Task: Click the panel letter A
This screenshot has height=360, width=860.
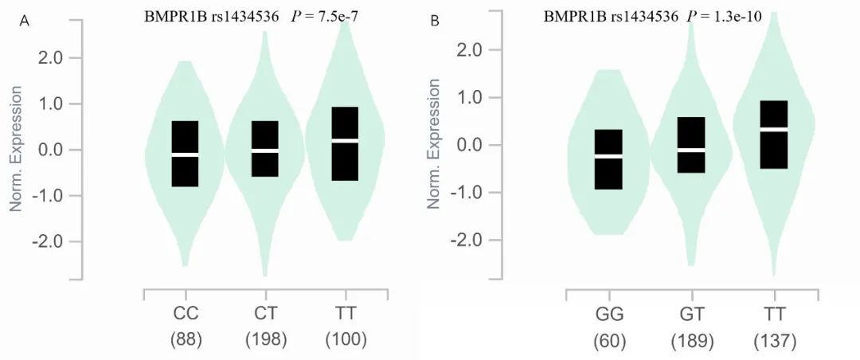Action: pyautogui.click(x=24, y=22)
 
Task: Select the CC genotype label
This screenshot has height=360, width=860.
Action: pyautogui.click(x=186, y=313)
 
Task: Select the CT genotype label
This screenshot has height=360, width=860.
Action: pyautogui.click(x=265, y=313)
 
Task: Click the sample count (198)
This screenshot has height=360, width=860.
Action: pyautogui.click(x=265, y=339)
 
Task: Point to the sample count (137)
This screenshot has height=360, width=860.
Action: pyautogui.click(x=773, y=341)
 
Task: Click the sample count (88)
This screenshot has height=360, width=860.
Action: pyautogui.click(x=186, y=339)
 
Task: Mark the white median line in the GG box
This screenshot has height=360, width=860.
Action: pyautogui.click(x=608, y=157)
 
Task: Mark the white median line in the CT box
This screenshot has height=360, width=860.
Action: pyautogui.click(x=265, y=150)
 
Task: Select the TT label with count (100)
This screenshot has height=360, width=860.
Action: pyautogui.click(x=345, y=313)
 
